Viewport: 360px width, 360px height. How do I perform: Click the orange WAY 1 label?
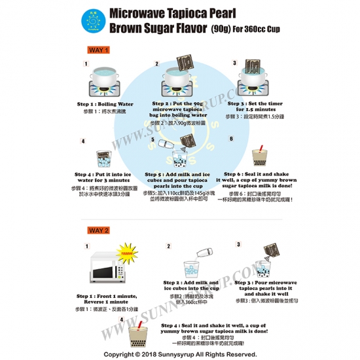(x=99, y=50)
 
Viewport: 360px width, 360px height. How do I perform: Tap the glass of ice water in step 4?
(x=103, y=158)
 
